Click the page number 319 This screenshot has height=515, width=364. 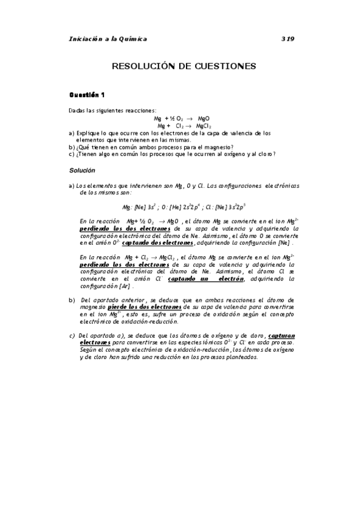tap(287, 39)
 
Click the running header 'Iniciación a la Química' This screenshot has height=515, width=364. tap(108, 39)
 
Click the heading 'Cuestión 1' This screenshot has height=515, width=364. tap(87, 95)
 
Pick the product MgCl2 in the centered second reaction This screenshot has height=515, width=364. tap(203, 126)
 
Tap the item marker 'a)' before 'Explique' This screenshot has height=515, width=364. tap(72, 132)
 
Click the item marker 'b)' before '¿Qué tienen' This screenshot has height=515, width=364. tap(72, 147)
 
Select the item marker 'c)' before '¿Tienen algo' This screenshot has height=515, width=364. tap(72, 154)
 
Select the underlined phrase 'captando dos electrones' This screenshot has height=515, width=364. tap(158, 243)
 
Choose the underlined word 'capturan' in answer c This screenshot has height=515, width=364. tap(281, 336)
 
